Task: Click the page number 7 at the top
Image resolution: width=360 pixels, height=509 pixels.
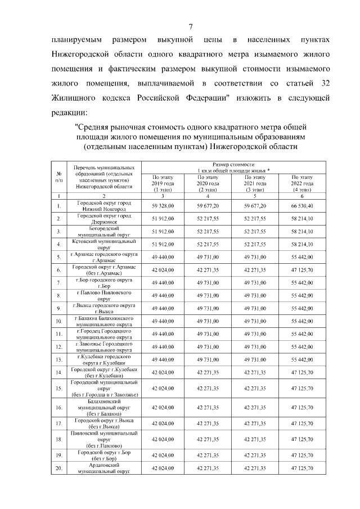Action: point(190,26)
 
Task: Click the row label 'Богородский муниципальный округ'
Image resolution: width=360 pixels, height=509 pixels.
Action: point(103,231)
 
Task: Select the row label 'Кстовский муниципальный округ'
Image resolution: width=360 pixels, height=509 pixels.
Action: point(103,244)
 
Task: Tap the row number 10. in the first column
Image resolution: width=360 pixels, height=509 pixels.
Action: point(58,321)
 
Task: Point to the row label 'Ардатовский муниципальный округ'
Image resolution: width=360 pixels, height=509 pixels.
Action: point(103,468)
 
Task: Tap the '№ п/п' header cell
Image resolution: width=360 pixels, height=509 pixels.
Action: point(58,177)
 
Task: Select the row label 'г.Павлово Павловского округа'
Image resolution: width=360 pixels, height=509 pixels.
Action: point(103,295)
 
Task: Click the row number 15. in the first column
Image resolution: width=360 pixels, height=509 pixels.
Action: point(58,388)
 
